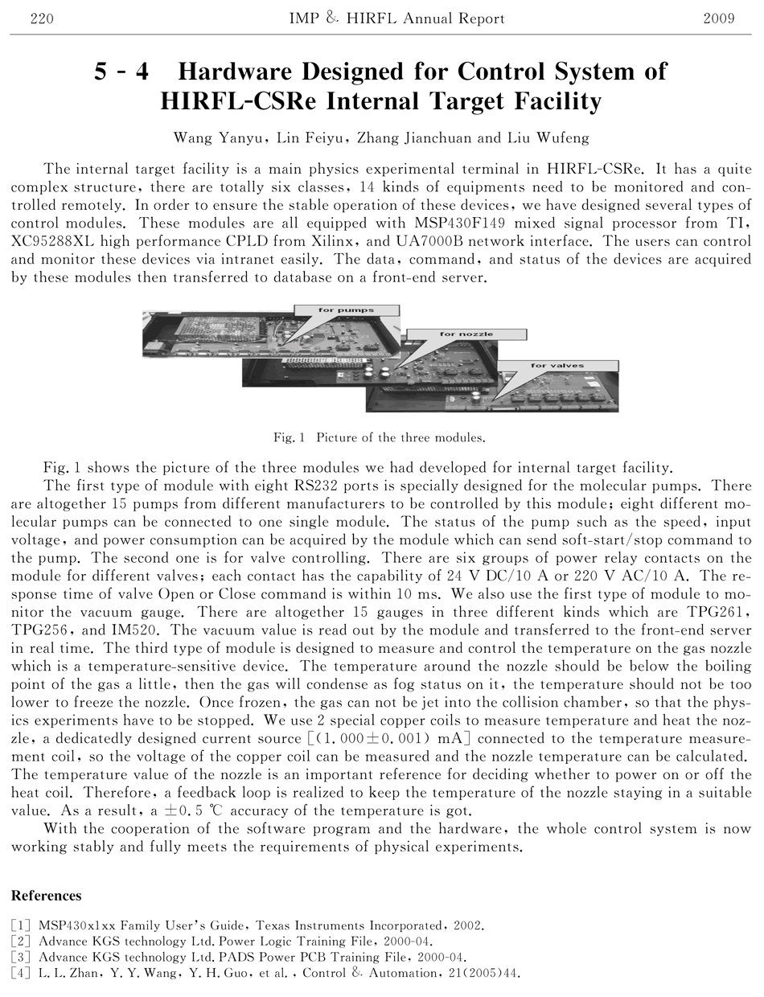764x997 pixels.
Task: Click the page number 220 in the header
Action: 41,18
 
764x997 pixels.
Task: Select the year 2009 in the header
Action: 718,18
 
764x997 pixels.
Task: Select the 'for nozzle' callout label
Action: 466,334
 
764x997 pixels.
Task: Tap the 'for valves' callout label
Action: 557,366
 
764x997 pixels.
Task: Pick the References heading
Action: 46,896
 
